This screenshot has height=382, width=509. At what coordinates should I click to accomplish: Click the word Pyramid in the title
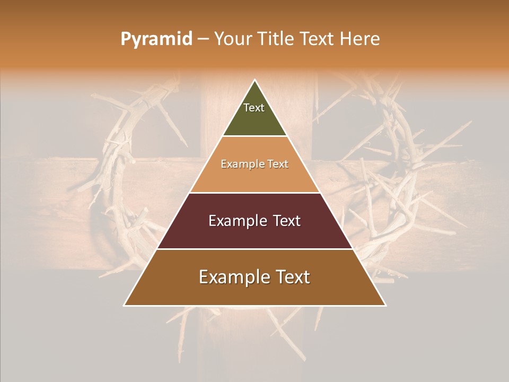[x=156, y=39]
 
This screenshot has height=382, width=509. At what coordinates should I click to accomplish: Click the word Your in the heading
[x=232, y=39]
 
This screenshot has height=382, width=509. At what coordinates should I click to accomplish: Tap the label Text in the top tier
[x=254, y=108]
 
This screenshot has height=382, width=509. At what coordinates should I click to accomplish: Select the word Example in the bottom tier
[x=234, y=277]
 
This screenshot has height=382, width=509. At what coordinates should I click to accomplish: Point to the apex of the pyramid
[x=255, y=81]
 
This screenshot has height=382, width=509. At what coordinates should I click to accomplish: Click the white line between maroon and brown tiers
[x=254, y=249]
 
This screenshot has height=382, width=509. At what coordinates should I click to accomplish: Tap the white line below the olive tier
[x=254, y=136]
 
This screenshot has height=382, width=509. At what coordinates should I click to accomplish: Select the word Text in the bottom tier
[x=292, y=277]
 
